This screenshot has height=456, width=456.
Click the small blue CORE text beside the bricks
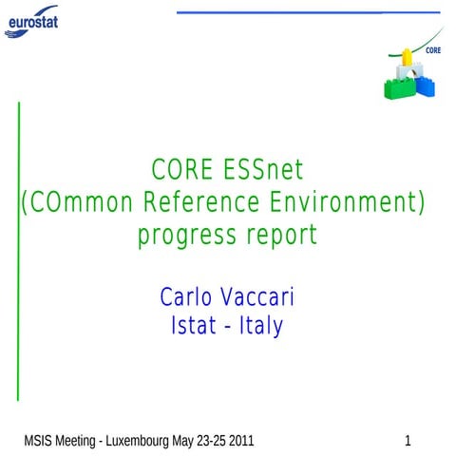coord(432,51)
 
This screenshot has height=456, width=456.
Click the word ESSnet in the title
coord(265,171)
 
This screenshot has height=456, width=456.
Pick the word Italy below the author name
coord(259,327)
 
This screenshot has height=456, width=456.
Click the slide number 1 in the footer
coord(408,441)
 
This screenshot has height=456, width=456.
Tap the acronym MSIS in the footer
coord(39,441)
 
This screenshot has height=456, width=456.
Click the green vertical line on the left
coord(19,247)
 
